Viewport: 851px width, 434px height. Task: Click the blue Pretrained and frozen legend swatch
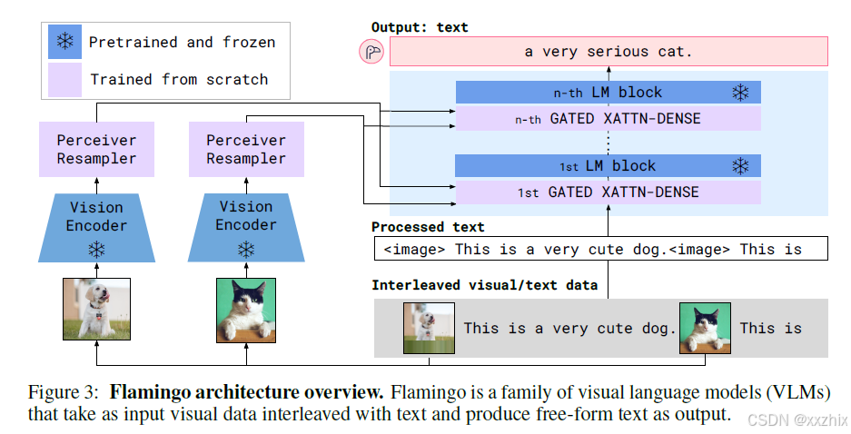(64, 43)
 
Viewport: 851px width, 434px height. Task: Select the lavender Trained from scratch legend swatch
(64, 79)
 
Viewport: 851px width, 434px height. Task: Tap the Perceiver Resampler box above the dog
(96, 150)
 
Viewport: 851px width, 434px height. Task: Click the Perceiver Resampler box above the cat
(245, 150)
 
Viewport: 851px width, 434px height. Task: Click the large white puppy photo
(96, 310)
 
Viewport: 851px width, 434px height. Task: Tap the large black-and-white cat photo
(245, 310)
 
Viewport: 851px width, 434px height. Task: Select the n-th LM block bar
(608, 92)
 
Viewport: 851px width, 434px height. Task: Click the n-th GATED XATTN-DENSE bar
(608, 118)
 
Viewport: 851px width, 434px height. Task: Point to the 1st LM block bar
(608, 166)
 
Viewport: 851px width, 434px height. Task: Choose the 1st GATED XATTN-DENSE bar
(608, 192)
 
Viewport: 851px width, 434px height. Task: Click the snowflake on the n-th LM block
(741, 92)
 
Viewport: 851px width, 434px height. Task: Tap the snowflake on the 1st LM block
(741, 166)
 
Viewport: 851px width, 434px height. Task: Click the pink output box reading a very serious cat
(608, 52)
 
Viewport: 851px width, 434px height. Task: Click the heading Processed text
(428, 227)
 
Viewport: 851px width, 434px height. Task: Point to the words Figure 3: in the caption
(62, 393)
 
